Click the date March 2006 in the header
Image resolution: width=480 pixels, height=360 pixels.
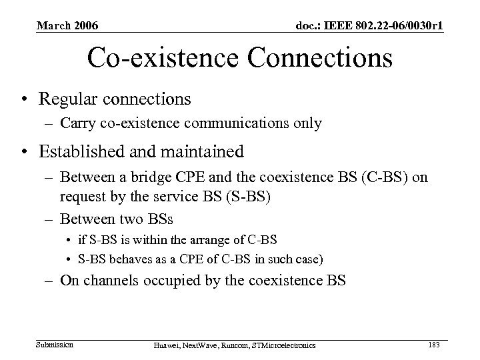[67, 25]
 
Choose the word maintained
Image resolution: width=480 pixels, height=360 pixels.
[198, 152]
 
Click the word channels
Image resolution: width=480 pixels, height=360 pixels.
[109, 280]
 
